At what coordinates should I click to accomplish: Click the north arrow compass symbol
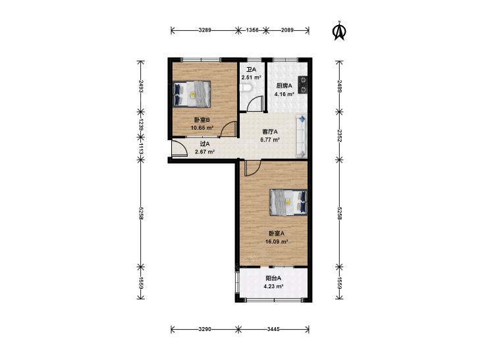(x=339, y=30)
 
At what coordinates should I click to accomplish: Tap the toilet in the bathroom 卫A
(x=246, y=88)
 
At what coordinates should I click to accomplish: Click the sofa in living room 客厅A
(x=301, y=136)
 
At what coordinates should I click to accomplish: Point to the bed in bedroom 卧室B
(x=192, y=94)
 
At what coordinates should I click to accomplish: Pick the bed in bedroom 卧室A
(x=288, y=203)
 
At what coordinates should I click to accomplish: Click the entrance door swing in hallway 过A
(x=179, y=149)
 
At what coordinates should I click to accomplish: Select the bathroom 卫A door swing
(x=255, y=103)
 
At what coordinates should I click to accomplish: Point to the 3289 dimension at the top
(x=205, y=30)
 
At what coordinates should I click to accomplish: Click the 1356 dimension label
(x=252, y=30)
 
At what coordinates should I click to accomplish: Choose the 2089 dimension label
(x=287, y=30)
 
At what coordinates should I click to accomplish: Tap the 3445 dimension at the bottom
(x=273, y=329)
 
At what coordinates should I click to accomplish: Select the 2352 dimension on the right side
(x=339, y=136)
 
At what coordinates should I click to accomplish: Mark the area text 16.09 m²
(x=277, y=242)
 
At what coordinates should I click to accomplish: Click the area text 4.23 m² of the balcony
(x=273, y=286)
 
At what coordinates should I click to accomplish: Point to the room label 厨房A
(x=284, y=86)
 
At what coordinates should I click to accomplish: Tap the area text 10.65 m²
(x=202, y=128)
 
